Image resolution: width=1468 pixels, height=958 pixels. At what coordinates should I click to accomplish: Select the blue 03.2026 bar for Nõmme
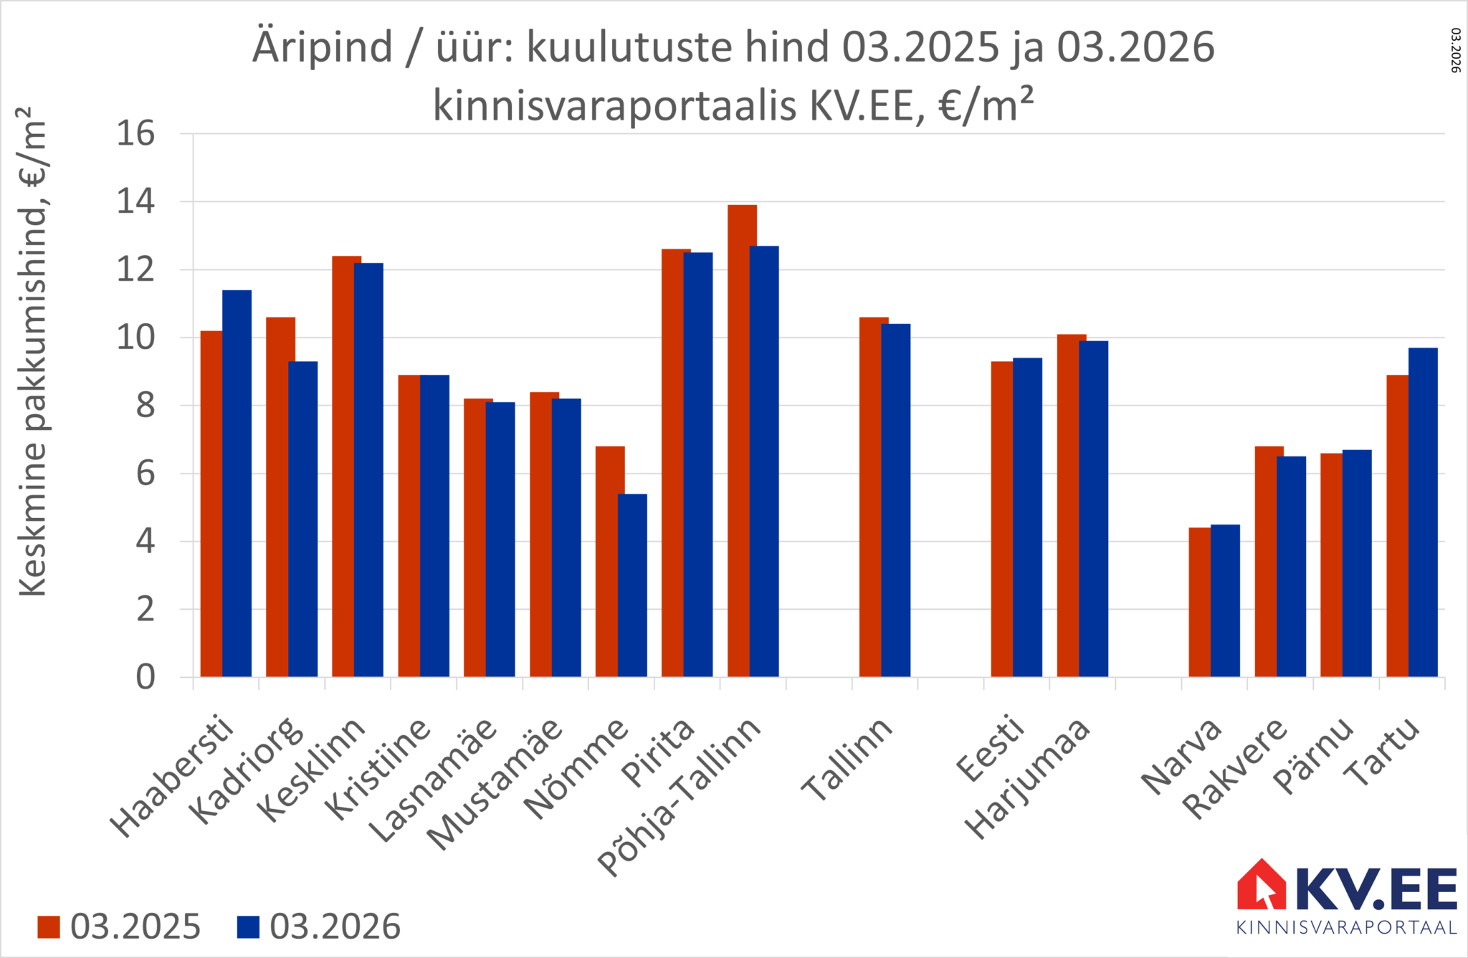pyautogui.click(x=632, y=585)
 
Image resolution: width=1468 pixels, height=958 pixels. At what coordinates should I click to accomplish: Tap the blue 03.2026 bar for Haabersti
pyautogui.click(x=237, y=484)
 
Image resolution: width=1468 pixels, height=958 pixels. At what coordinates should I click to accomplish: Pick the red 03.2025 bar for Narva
pyautogui.click(x=1199, y=602)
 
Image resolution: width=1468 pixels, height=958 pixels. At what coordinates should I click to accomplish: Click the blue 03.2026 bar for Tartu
pyautogui.click(x=1423, y=512)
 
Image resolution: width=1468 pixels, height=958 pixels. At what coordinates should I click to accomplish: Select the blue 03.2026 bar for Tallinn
pyautogui.click(x=896, y=500)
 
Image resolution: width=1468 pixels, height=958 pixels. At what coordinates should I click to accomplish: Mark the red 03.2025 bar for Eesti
pyautogui.click(x=1001, y=519)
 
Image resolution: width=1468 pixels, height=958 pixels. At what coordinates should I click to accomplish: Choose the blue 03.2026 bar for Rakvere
pyautogui.click(x=1291, y=566)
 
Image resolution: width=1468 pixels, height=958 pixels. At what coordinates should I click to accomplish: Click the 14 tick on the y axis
pyautogui.click(x=135, y=202)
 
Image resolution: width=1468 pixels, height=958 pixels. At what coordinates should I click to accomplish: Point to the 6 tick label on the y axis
pyautogui.click(x=145, y=474)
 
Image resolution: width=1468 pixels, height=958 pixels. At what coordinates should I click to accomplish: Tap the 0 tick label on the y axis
pyautogui.click(x=145, y=677)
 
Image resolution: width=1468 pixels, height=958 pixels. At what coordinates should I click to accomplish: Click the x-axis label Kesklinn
pyautogui.click(x=312, y=770)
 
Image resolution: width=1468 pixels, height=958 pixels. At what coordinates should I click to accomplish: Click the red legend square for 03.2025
pyautogui.click(x=49, y=927)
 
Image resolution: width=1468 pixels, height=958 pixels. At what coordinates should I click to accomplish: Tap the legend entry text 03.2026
pyautogui.click(x=335, y=927)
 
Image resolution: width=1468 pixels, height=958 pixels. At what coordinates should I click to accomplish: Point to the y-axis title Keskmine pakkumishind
pyautogui.click(x=32, y=351)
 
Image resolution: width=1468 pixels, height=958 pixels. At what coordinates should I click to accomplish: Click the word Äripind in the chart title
pyautogui.click(x=322, y=47)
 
